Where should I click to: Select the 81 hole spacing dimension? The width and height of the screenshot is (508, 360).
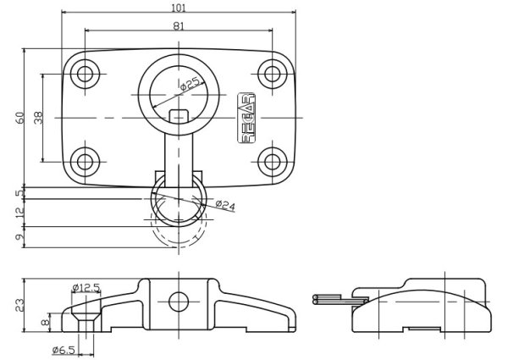click(x=179, y=25)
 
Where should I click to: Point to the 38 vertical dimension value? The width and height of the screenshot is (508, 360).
click(x=38, y=118)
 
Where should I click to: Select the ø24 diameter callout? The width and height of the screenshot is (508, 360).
click(x=225, y=204)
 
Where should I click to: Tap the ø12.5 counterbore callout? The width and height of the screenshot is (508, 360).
click(x=86, y=288)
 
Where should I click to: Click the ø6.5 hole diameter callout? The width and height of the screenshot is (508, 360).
click(x=64, y=349)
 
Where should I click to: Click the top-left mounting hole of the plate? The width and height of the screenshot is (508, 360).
click(x=85, y=75)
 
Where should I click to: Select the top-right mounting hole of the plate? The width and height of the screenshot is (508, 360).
click(x=272, y=75)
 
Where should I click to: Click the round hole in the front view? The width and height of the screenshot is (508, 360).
click(x=179, y=302)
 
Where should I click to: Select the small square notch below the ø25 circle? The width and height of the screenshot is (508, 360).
click(x=178, y=116)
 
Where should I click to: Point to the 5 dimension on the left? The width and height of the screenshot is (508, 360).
click(x=19, y=193)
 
